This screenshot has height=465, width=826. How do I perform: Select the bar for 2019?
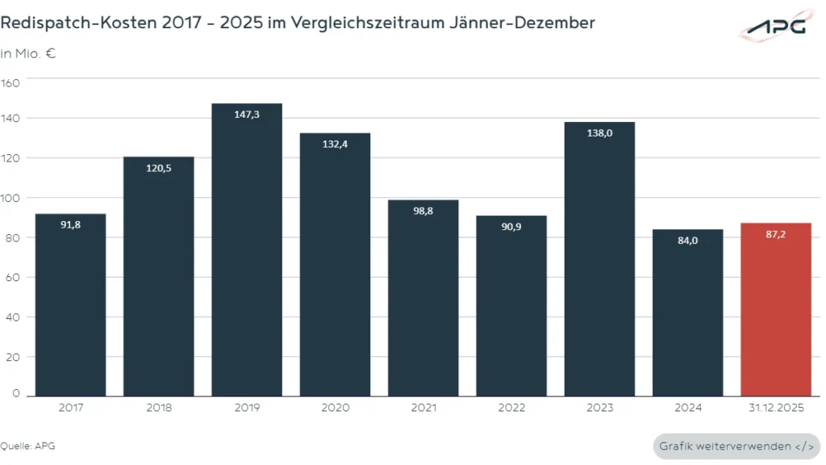[246, 249]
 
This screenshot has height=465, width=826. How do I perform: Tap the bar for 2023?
[599, 258]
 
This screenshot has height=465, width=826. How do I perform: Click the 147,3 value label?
[246, 115]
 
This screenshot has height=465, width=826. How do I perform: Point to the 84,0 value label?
[687, 241]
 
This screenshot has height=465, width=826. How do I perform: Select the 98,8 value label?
[423, 211]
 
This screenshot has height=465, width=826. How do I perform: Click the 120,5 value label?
[158, 168]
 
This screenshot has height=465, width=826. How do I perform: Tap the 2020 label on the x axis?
[335, 408]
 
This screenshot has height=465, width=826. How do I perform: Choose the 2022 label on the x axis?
[511, 408]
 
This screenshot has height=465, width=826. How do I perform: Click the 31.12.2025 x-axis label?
[775, 408]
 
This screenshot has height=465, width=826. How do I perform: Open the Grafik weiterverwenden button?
[736, 446]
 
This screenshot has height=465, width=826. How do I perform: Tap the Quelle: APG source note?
[27, 446]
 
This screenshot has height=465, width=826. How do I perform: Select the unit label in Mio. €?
[28, 54]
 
